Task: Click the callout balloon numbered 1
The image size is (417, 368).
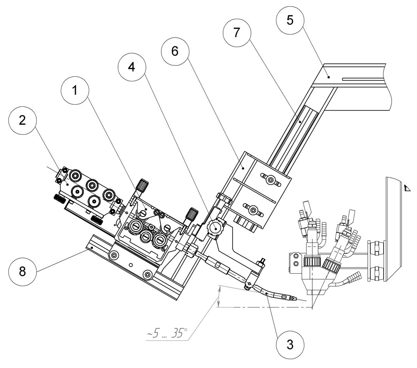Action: coord(75,91)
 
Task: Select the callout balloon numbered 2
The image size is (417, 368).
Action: coord(23,120)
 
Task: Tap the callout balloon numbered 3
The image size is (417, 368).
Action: coord(290,345)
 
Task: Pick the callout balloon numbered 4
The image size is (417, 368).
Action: coord(132,67)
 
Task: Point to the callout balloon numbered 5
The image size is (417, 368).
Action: coord(290,20)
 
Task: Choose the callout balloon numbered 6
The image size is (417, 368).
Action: coord(175,51)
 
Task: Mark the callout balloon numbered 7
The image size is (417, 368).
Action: coord(236,33)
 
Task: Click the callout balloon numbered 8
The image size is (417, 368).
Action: coord(23,271)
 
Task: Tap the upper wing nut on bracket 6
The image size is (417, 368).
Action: coord(271,179)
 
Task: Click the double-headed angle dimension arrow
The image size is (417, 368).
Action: coord(219,296)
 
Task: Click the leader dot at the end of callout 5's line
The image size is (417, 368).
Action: coord(329,77)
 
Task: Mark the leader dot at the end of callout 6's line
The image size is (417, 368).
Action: coord(243,167)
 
